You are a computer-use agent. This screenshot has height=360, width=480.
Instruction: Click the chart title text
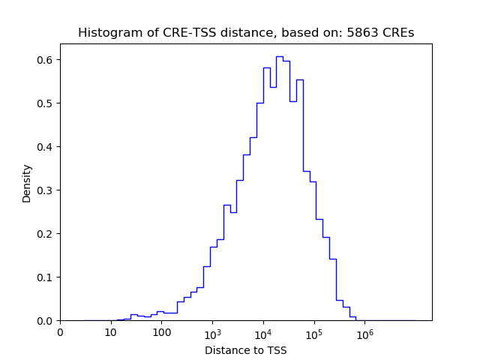pyautogui.click(x=245, y=33)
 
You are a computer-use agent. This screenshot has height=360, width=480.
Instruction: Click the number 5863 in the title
pyautogui.click(x=361, y=33)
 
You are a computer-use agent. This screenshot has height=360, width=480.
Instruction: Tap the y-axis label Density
pyautogui.click(x=27, y=183)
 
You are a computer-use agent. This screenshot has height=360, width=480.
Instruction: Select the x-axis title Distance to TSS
pyautogui.click(x=245, y=350)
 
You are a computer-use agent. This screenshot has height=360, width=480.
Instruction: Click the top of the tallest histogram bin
pyautogui.click(x=279, y=56)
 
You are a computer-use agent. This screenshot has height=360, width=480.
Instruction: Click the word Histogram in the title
pyautogui.click(x=106, y=33)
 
